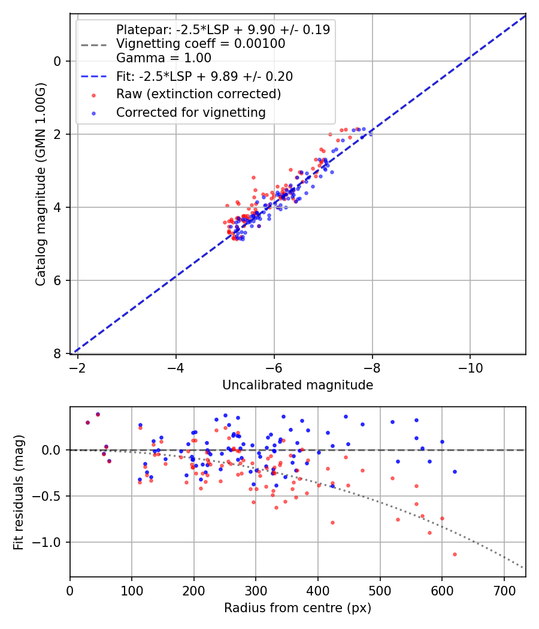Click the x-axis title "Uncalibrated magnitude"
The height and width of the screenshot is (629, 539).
298,385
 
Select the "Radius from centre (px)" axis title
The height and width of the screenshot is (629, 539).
298,608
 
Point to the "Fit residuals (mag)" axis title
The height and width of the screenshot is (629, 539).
19,491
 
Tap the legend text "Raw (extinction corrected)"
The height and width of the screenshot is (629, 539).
198,94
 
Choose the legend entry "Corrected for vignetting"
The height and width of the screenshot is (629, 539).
190,113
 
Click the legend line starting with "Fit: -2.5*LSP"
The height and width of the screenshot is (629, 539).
204,76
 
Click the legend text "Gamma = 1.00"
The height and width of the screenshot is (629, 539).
163,58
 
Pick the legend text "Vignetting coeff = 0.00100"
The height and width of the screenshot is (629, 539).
201,44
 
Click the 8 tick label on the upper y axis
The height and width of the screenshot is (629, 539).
57,353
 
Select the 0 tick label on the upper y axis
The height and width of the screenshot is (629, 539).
57,61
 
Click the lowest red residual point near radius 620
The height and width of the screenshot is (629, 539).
455,554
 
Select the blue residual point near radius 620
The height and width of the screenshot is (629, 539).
455,471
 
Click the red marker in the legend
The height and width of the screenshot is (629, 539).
93,95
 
